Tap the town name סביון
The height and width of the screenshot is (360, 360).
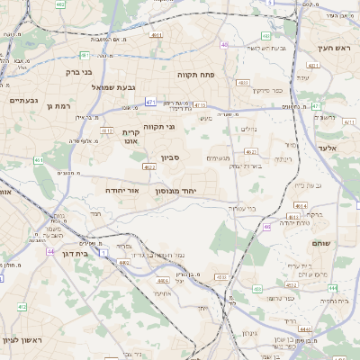pos(171,158)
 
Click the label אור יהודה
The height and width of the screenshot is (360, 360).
pos(122,190)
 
